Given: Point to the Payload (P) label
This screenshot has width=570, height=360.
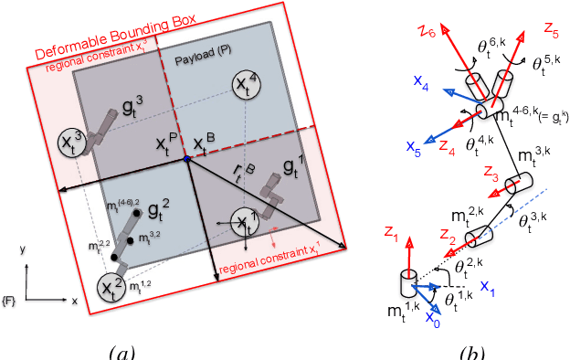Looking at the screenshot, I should [x=202, y=60].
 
